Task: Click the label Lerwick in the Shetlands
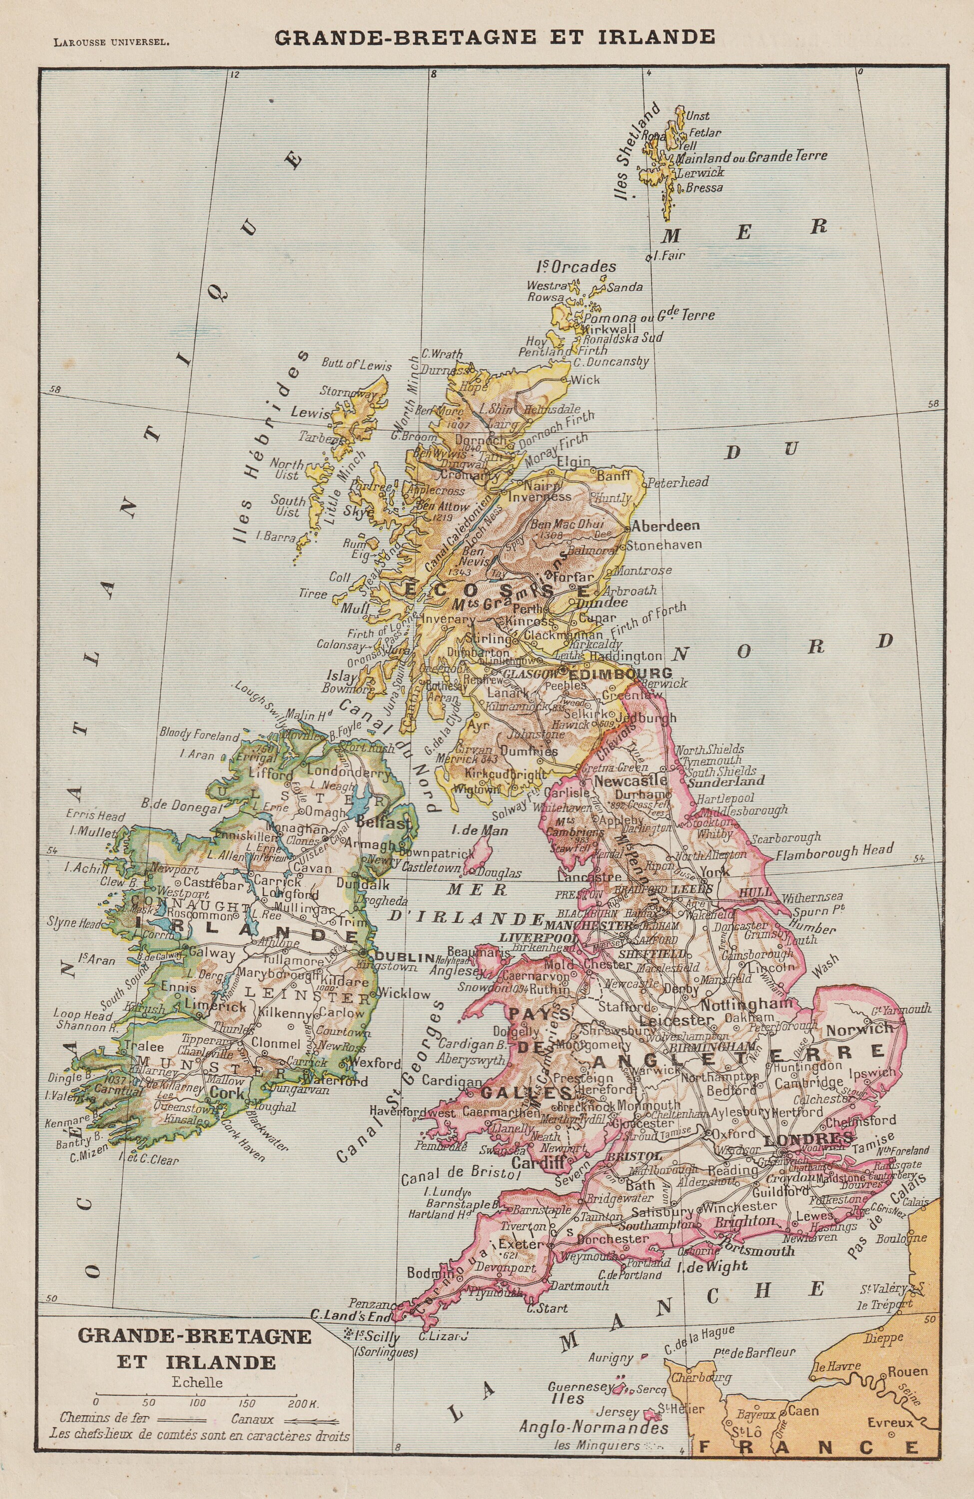point(701,172)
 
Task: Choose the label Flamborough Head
point(834,851)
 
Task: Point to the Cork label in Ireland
point(227,1093)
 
